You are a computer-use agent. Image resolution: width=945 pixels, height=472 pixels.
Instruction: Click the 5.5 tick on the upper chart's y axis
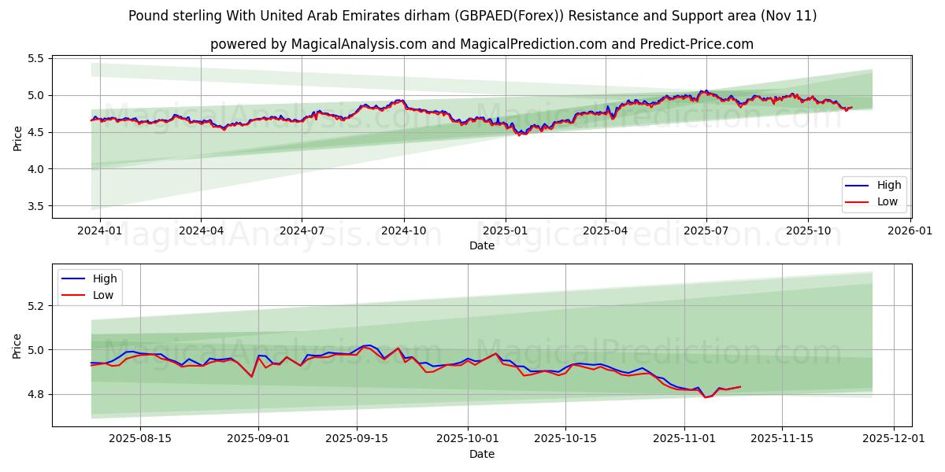pos(36,58)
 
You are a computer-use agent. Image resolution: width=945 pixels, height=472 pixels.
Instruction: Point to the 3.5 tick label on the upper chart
pos(36,206)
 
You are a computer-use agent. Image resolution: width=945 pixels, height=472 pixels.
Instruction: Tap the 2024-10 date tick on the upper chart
pos(404,231)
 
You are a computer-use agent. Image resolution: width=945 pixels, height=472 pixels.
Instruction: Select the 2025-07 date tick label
pos(706,231)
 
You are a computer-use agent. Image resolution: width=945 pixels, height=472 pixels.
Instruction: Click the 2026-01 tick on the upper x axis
pos(910,231)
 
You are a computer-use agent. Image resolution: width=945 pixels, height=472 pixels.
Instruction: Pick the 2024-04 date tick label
pos(201,231)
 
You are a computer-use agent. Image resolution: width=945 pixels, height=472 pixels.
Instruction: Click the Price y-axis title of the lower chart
pos(17,345)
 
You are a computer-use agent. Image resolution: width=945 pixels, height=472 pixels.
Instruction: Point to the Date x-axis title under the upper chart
pos(481,245)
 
